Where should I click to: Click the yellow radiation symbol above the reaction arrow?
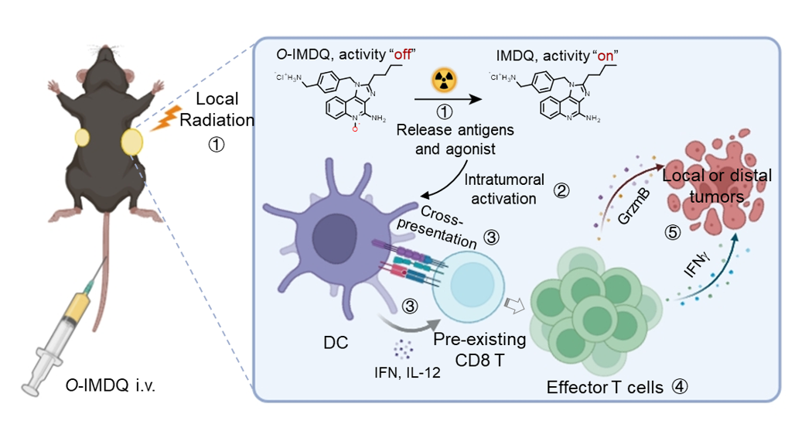tap(444, 78)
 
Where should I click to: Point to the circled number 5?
tap(674, 230)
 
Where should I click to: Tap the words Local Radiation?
tap(220, 110)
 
